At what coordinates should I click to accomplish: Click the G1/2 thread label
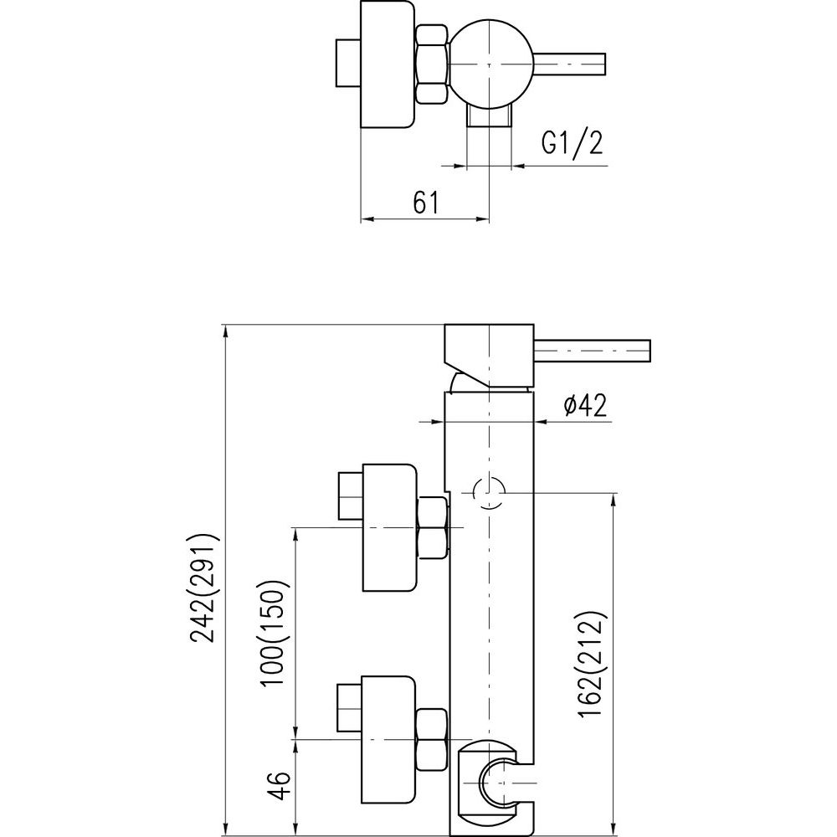pyautogui.click(x=572, y=144)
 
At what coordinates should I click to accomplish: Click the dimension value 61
pyautogui.click(x=425, y=203)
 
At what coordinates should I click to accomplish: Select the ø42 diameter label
pyautogui.click(x=584, y=405)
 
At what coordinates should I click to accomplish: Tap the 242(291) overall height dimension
pyautogui.click(x=203, y=587)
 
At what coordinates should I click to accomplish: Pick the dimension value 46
pyautogui.click(x=282, y=788)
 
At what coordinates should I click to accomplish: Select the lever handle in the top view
pyautogui.click(x=574, y=63)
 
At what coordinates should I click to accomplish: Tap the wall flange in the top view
pyautogui.click(x=387, y=64)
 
